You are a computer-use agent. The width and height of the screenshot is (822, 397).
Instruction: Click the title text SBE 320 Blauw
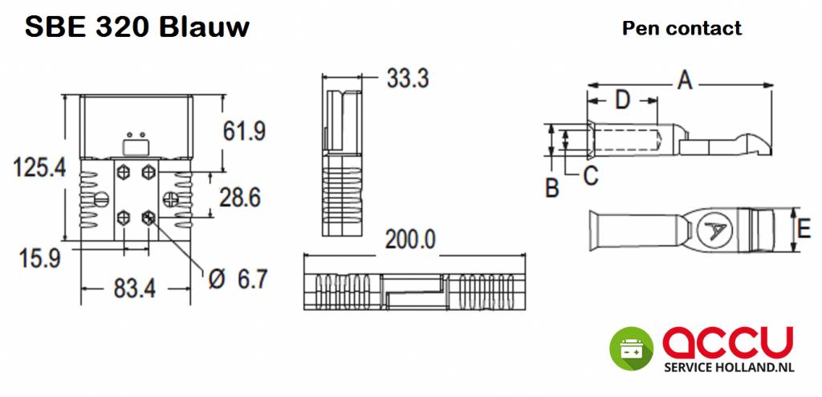click(136, 27)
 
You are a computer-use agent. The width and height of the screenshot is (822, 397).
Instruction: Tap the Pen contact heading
click(682, 29)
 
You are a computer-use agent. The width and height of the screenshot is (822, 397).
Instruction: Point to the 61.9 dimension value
click(244, 129)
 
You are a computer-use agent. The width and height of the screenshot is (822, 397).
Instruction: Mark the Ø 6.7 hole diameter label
click(236, 279)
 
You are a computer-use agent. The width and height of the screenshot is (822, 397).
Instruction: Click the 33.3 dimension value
click(407, 79)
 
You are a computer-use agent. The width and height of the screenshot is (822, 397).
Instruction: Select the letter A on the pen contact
click(684, 80)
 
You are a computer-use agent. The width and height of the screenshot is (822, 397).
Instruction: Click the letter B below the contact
click(552, 188)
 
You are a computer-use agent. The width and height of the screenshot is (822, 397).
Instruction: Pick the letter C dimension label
click(591, 176)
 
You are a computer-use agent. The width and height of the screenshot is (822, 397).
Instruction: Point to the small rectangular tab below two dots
click(136, 146)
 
